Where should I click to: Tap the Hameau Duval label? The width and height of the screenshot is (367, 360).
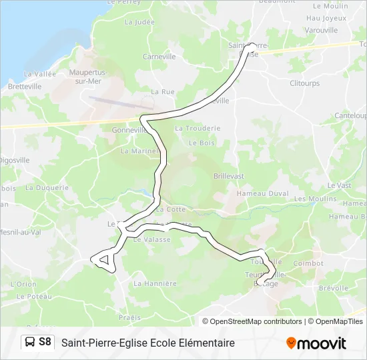click(266, 193)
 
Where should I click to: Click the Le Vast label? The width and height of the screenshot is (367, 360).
click(339, 185)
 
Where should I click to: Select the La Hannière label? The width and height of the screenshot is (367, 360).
click(155, 283)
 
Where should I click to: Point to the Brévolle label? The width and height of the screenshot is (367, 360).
click(334, 288)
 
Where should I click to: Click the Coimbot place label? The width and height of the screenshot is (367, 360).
click(308, 263)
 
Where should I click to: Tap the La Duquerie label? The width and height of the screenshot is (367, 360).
click(47, 188)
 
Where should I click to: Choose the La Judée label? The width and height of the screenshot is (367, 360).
click(139, 22)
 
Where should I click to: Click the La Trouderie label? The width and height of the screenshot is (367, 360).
click(197, 128)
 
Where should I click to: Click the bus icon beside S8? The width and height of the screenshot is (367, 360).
click(30, 342)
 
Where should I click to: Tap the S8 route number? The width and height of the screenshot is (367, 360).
click(45, 342)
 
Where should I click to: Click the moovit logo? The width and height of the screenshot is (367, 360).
click(316, 343)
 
